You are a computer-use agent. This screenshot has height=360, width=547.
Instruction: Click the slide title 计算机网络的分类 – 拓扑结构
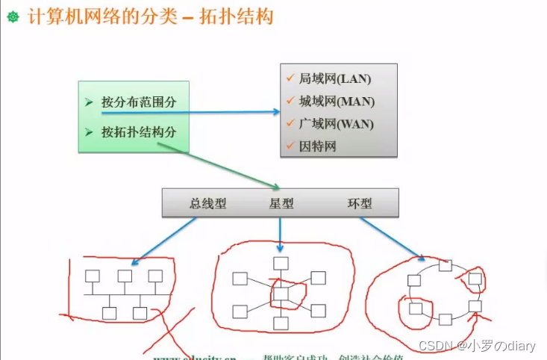[x=150, y=16]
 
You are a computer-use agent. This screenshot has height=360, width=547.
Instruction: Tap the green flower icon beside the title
[x=13, y=16]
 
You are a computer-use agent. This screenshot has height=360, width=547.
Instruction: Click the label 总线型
[x=207, y=203]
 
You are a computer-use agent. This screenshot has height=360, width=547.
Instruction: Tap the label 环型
[x=360, y=203]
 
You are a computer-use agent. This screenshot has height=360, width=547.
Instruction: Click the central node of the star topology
[x=281, y=294]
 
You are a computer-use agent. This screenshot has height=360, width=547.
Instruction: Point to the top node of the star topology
[x=281, y=263]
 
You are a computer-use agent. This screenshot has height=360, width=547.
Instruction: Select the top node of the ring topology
[x=445, y=265]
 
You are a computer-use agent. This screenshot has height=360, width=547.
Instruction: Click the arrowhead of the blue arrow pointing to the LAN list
[x=275, y=112]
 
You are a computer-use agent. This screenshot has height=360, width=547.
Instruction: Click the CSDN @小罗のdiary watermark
[x=478, y=346]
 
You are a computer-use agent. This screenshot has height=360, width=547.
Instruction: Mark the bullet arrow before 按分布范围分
[x=89, y=102]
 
